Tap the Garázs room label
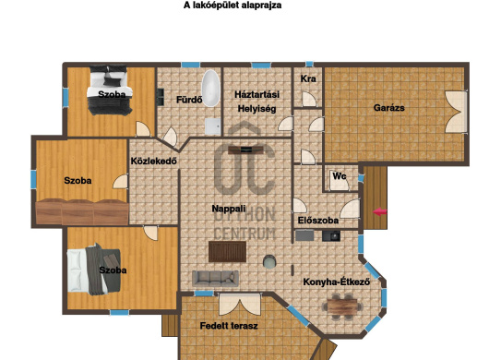pos(388,108)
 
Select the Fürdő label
pos(188,100)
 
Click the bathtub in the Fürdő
pos(211,87)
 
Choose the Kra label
pos(308,79)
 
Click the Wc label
pos(340,175)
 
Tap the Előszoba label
pos(318,222)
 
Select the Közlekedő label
pos(154,162)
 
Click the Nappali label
pos(228,209)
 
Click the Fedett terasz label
pos(228,326)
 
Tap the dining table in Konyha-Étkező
pos(343,303)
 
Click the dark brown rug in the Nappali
pos(228,250)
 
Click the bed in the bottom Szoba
pos(94,270)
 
